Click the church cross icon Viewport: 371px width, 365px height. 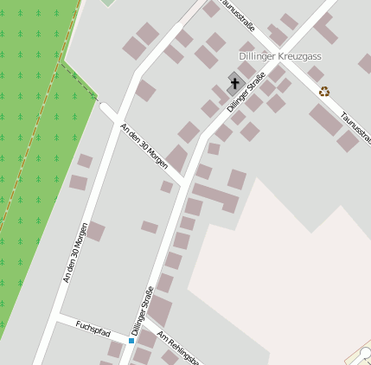pyautogui.click(x=234, y=83)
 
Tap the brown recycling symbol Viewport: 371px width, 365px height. pyautogui.click(x=324, y=91)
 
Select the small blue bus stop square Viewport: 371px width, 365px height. pyautogui.click(x=131, y=341)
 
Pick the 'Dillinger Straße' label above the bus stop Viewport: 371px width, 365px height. pyautogui.click(x=143, y=310)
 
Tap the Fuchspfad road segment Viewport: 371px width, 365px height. pyautogui.click(x=91, y=328)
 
